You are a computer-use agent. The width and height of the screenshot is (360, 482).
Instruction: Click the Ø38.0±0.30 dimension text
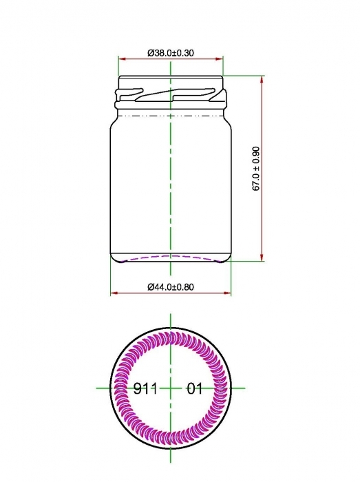(x=171, y=52)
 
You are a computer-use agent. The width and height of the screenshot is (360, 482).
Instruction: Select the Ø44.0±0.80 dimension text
(x=171, y=286)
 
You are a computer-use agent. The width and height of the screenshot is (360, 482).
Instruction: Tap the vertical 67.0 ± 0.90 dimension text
(x=256, y=169)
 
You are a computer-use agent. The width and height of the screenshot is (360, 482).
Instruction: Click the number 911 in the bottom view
(x=146, y=389)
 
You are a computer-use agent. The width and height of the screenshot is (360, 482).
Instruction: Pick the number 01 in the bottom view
(x=195, y=389)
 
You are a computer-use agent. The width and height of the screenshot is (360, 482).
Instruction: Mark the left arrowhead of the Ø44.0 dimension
(x=114, y=293)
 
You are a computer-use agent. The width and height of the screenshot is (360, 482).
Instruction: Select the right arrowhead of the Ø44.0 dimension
(x=227, y=293)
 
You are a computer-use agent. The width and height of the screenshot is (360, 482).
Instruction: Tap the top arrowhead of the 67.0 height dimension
(x=262, y=79)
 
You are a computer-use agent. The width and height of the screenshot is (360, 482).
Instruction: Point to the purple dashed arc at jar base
(x=171, y=258)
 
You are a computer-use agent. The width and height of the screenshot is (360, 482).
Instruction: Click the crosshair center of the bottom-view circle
(x=170, y=388)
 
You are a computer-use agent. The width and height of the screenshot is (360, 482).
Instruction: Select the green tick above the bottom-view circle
(x=170, y=321)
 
